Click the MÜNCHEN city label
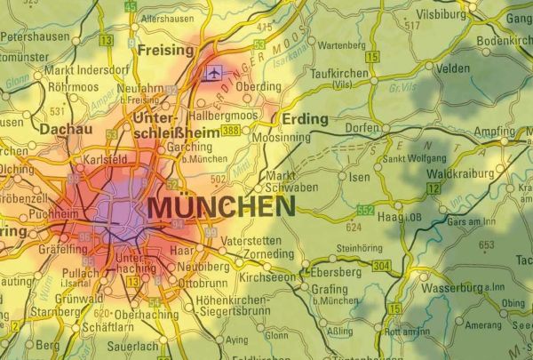click(x=221, y=207)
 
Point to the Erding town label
click(x=304, y=118)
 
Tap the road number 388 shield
click(x=231, y=131)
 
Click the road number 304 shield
click(x=380, y=266)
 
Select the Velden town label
click(x=452, y=68)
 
